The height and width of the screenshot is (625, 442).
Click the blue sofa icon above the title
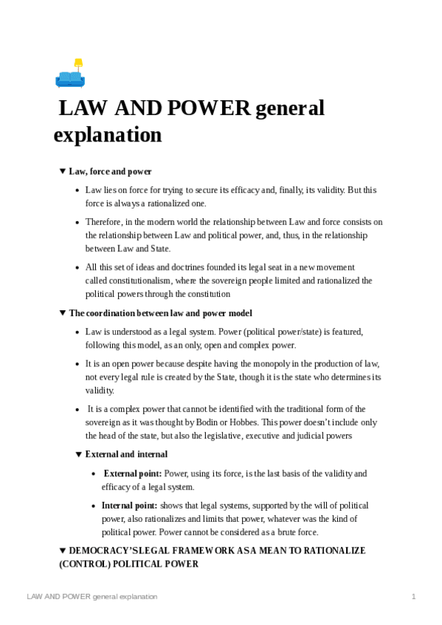[x=69, y=77]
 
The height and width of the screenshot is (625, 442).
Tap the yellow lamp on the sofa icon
[x=78, y=63]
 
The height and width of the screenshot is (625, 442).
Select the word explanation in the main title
[x=108, y=136]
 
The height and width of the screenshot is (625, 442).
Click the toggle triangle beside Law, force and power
[x=63, y=171]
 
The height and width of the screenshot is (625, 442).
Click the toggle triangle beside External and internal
[x=79, y=454]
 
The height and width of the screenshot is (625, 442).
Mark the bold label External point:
[x=133, y=473]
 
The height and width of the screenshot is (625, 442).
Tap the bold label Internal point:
[x=129, y=506]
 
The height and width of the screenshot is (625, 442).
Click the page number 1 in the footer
[x=414, y=596]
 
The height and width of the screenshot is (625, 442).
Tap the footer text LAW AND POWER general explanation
[x=92, y=596]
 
